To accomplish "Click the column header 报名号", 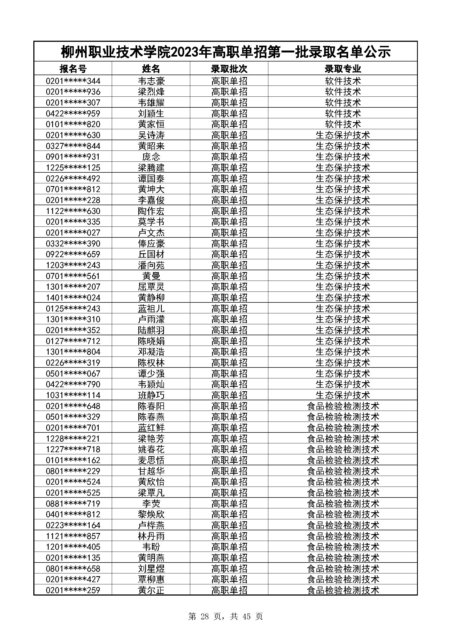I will pyautogui.click(x=73, y=69).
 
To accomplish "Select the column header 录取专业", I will pyautogui.click(x=343, y=69).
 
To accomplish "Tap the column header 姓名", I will pyautogui.click(x=151, y=69).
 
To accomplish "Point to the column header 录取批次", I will pyautogui.click(x=229, y=69).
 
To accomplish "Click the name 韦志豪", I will pyautogui.click(x=151, y=81).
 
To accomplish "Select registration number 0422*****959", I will pyautogui.click(x=73, y=114).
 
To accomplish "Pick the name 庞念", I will pyautogui.click(x=151, y=157).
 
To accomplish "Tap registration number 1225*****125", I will pyautogui.click(x=73, y=167).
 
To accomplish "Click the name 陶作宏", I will pyautogui.click(x=151, y=211).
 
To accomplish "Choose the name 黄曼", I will pyautogui.click(x=151, y=276).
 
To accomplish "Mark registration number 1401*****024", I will pyautogui.click(x=73, y=298).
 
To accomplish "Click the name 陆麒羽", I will pyautogui.click(x=151, y=330).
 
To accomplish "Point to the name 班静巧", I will pyautogui.click(x=151, y=395).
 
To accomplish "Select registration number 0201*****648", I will pyautogui.click(x=73, y=406).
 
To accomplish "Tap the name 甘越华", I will pyautogui.click(x=151, y=471).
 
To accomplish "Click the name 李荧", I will pyautogui.click(x=151, y=503).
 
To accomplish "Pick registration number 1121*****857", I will pyautogui.click(x=73, y=536).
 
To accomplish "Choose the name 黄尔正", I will pyautogui.click(x=151, y=590).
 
